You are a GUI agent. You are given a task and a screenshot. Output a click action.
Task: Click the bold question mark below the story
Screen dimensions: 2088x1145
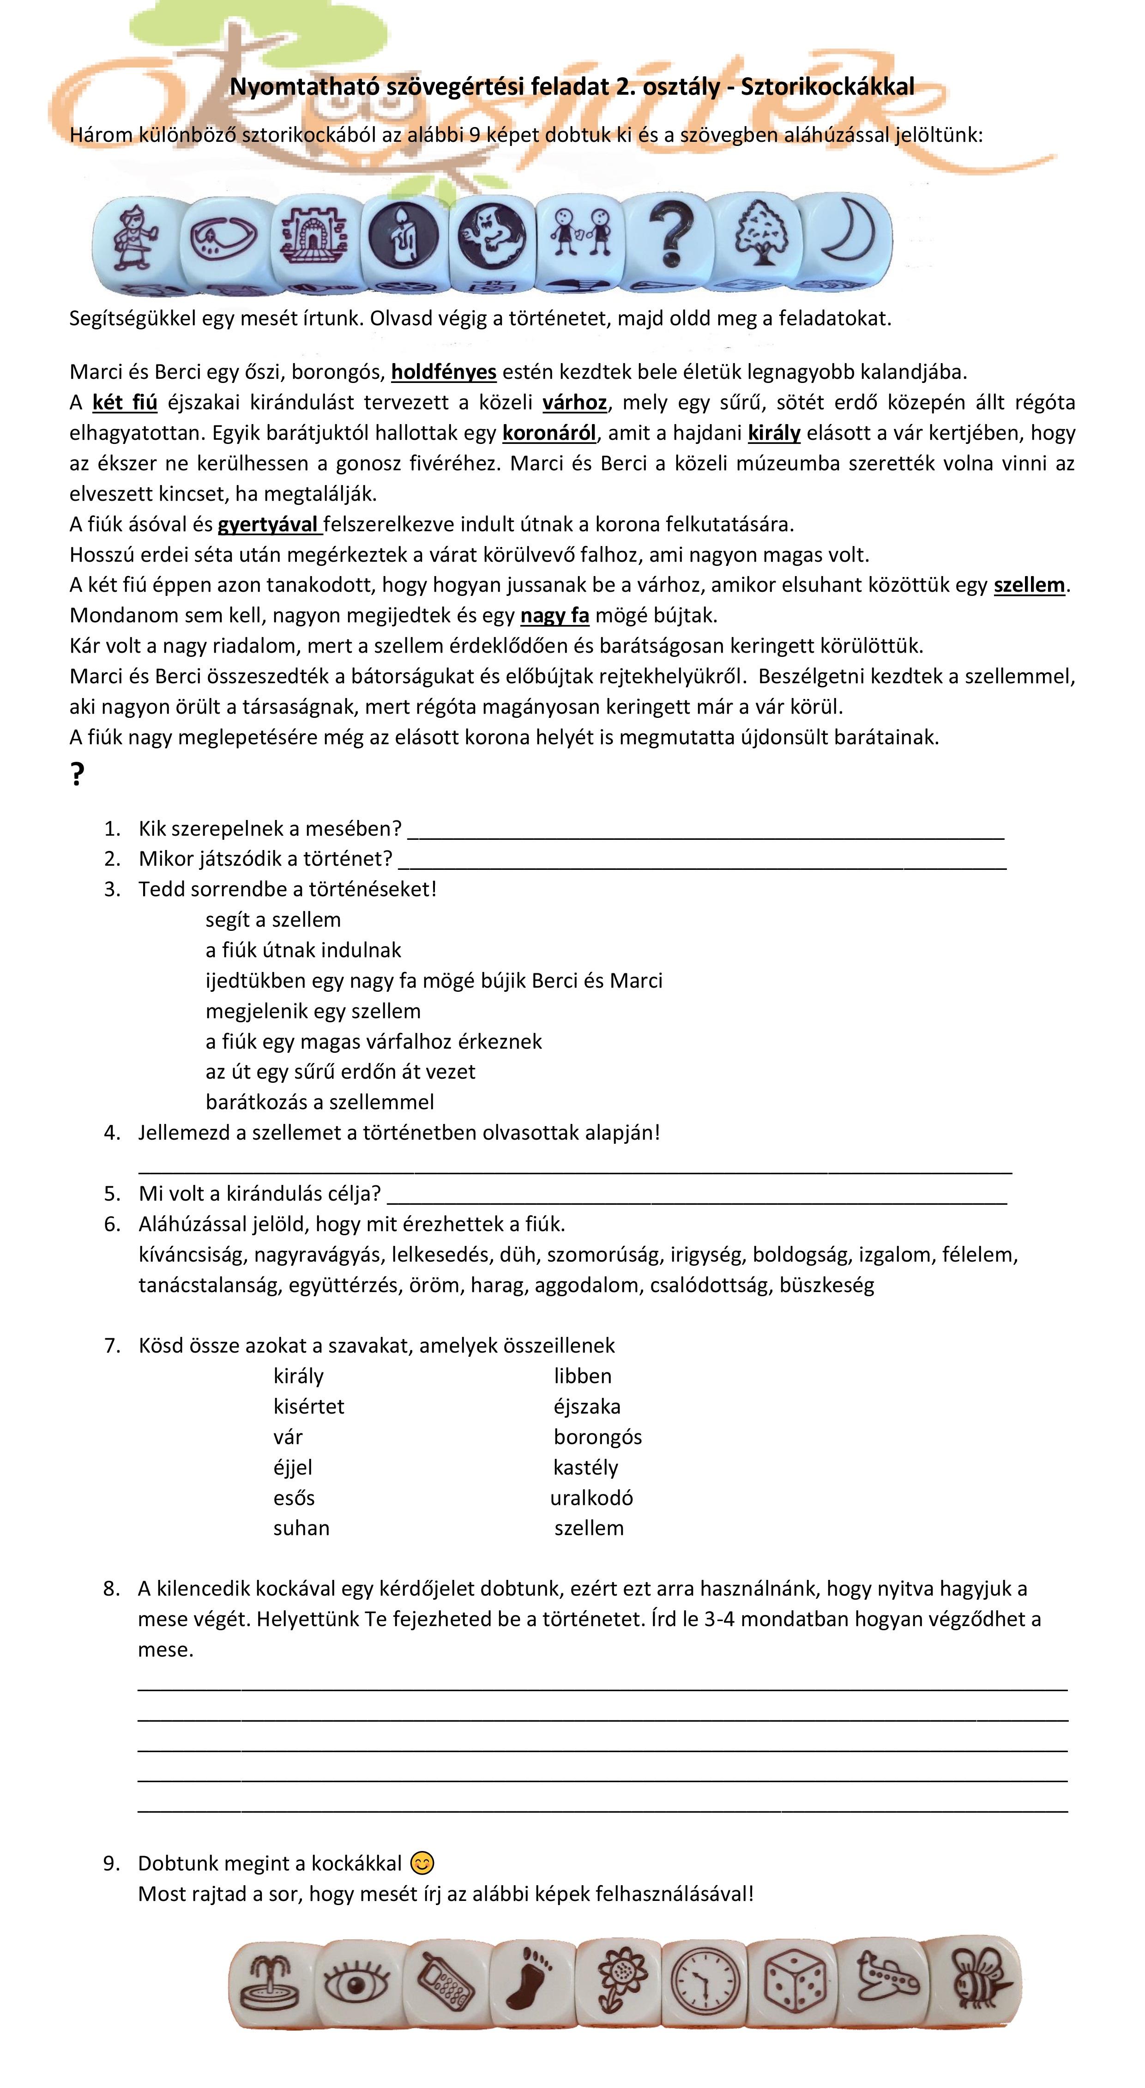pyautogui.click(x=77, y=775)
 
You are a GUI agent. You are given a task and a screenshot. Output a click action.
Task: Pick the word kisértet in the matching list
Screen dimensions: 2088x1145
pyautogui.click(x=309, y=1406)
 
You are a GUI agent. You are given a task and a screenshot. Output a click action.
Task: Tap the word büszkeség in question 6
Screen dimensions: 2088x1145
pyautogui.click(x=826, y=1285)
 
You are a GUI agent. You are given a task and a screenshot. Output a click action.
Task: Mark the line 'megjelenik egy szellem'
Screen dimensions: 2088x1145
pyautogui.click(x=313, y=1011)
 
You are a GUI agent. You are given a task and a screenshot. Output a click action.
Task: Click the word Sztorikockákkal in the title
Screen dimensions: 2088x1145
pyautogui.click(x=827, y=87)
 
